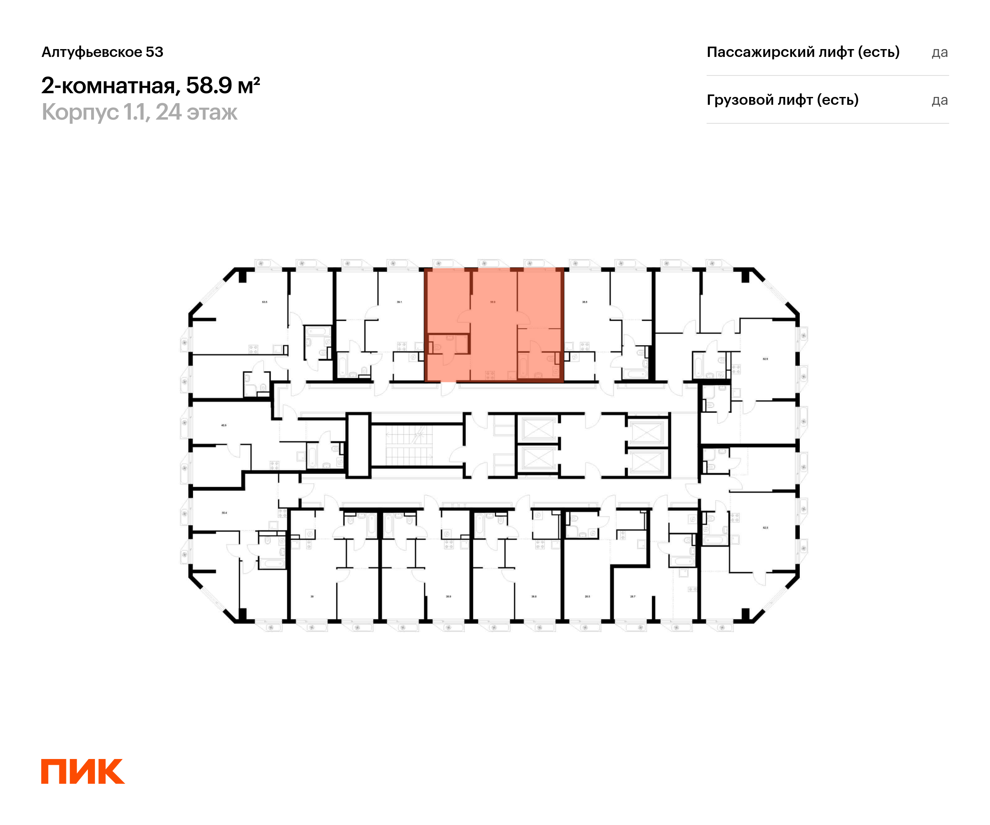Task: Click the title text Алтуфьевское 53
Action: [102, 52]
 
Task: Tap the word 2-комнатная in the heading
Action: [108, 86]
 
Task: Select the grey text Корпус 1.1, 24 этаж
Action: [139, 112]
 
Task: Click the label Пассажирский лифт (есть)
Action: [803, 52]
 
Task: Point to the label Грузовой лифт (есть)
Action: [782, 100]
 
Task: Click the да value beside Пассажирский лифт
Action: [940, 53]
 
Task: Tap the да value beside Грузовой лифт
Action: [940, 100]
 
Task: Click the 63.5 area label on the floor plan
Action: [264, 302]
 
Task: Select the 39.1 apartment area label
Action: [399, 302]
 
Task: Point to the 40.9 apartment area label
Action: [224, 425]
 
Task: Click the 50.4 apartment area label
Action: [224, 512]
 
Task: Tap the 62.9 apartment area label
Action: [765, 359]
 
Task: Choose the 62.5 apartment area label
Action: [765, 528]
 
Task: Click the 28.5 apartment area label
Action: [587, 596]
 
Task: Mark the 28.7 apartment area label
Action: [633, 596]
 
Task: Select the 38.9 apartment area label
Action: [448, 596]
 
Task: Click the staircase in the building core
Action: [408, 445]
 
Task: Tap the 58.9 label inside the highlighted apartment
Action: [493, 302]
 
